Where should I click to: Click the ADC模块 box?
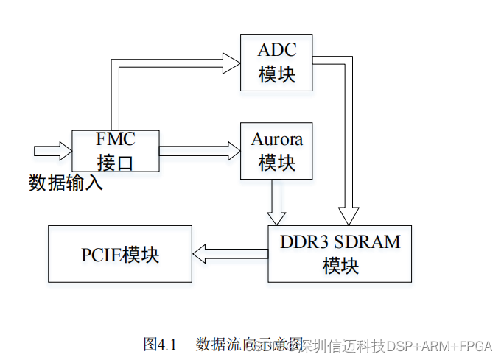pyautogui.click(x=277, y=63)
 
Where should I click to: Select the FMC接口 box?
pyautogui.click(x=115, y=151)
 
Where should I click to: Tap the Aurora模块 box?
pyautogui.click(x=276, y=151)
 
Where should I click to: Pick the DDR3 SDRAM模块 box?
pyautogui.click(x=340, y=254)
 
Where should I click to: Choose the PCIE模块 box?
pyautogui.click(x=119, y=254)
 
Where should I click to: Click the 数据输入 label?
pyautogui.click(x=66, y=183)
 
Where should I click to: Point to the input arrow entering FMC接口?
pyautogui.click(x=52, y=151)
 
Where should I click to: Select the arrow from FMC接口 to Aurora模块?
pyautogui.click(x=199, y=151)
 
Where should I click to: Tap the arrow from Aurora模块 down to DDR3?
pyautogui.click(x=277, y=202)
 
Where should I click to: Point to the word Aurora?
pyautogui.click(x=276, y=139)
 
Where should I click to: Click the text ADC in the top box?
pyautogui.click(x=277, y=51)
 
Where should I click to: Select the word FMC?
pyautogui.click(x=116, y=139)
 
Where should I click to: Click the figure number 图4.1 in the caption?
pyautogui.click(x=161, y=344)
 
